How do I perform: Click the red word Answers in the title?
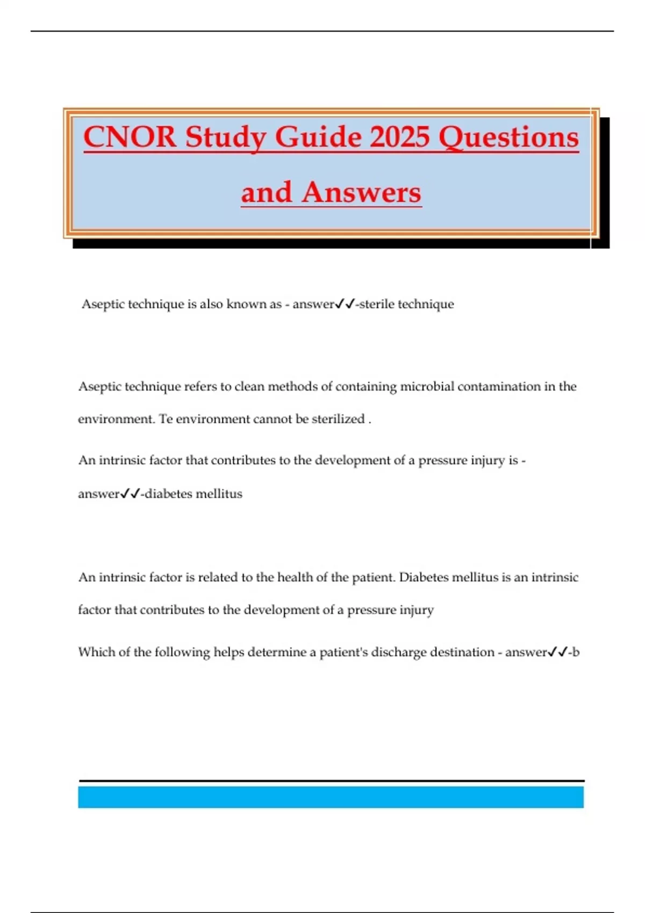coord(361,192)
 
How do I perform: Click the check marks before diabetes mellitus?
coord(130,494)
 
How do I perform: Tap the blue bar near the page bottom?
coord(331,797)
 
